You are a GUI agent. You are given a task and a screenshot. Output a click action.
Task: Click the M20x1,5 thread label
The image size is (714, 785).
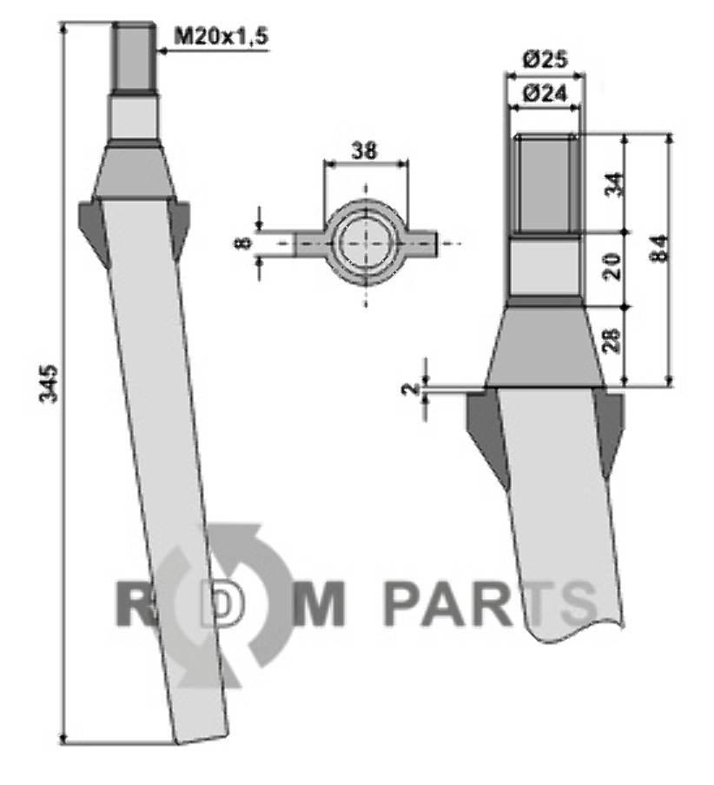point(221,37)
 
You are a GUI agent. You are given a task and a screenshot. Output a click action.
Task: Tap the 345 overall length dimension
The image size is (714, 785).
point(50,384)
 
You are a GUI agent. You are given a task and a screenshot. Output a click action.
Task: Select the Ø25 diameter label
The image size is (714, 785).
point(545,61)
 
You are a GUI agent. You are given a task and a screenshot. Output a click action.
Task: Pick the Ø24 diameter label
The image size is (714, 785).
point(545,94)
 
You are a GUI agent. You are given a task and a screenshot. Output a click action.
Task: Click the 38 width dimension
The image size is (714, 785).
point(364,150)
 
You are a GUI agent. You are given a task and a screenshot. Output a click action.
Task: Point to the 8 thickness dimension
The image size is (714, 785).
point(242,243)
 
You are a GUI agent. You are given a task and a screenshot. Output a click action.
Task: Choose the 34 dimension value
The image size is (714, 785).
point(615,183)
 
